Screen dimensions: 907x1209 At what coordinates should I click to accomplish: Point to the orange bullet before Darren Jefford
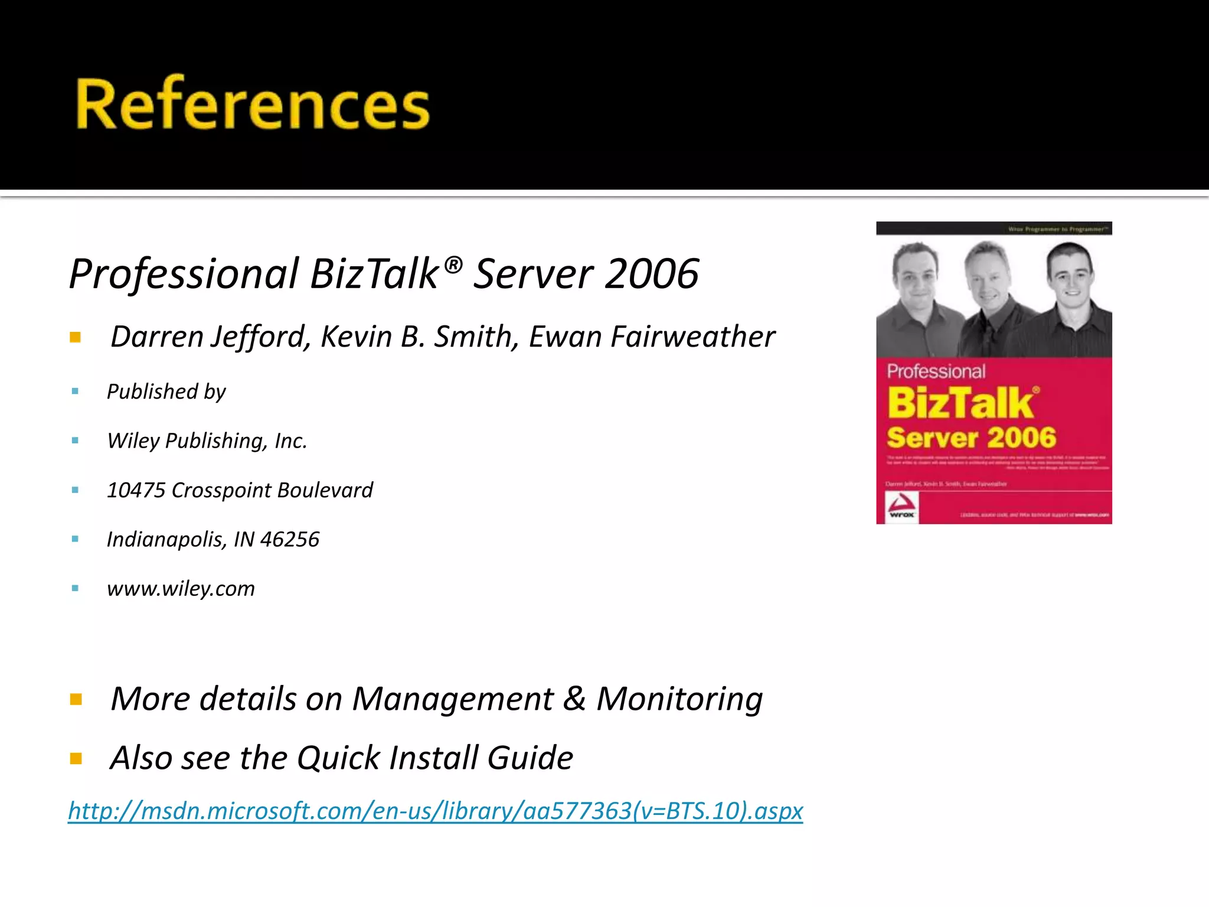75,338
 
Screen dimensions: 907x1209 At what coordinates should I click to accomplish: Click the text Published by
166,391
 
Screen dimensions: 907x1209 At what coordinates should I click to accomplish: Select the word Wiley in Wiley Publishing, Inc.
133,441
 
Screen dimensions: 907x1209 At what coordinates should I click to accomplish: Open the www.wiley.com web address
181,588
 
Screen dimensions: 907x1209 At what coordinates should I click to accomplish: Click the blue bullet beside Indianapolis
75,539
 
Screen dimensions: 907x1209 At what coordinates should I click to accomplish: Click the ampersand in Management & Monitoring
574,699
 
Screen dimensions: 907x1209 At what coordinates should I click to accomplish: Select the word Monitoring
679,699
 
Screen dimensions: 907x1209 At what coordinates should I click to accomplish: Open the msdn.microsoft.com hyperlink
435,811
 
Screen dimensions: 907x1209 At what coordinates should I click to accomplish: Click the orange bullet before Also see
76,759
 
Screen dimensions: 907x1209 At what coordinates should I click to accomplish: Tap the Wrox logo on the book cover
901,507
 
